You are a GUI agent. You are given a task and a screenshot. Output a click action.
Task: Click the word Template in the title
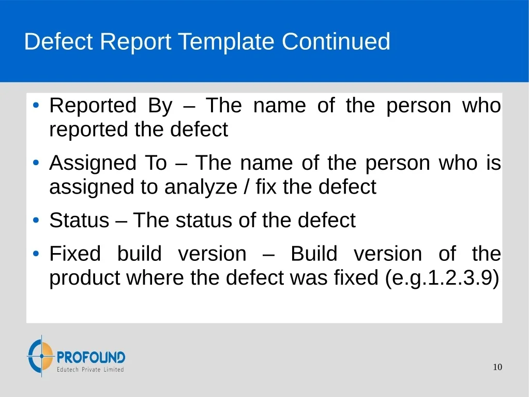click(226, 42)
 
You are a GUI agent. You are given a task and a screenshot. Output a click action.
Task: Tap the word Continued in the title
click(336, 41)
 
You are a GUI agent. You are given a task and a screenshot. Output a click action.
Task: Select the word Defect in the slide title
click(58, 41)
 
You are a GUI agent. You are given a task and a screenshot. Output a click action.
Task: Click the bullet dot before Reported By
click(36, 105)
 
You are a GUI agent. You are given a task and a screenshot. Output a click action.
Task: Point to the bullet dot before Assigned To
click(36, 163)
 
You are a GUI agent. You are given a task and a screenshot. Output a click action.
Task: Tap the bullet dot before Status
click(36, 220)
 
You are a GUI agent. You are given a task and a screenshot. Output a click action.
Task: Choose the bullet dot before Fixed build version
click(36, 254)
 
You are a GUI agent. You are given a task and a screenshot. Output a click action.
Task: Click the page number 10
click(497, 367)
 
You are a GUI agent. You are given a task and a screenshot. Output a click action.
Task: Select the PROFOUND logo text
click(91, 357)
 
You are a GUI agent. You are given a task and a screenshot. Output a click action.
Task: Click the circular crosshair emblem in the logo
click(41, 356)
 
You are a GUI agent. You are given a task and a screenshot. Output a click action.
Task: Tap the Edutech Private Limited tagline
click(90, 370)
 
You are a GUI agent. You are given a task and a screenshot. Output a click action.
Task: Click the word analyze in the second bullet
click(201, 187)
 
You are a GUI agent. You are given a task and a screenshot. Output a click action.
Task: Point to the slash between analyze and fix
click(247, 187)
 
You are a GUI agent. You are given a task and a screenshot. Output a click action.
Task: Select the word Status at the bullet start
click(79, 220)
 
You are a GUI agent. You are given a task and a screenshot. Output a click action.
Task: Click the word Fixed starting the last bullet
click(75, 254)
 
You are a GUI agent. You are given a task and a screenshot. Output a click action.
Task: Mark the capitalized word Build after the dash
click(314, 254)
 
